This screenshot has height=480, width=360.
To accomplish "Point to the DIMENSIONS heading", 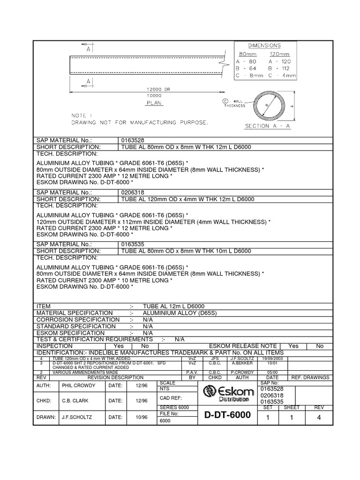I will (264, 45).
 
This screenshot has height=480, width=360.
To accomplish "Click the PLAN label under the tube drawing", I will (155, 102).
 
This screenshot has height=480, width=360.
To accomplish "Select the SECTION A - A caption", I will (264, 126).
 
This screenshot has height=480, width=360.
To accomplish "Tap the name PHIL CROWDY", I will (79, 385).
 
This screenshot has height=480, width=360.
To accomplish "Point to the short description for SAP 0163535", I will (186, 251).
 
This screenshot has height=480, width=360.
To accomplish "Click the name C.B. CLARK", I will (75, 401).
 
